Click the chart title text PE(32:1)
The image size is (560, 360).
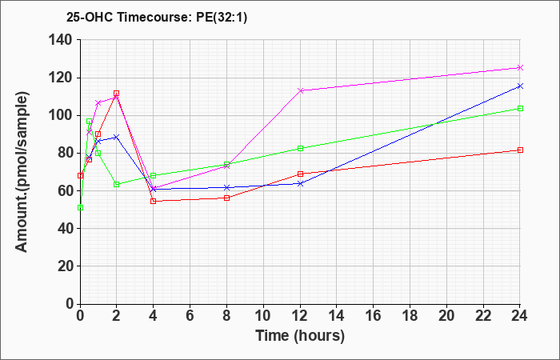click(x=222, y=17)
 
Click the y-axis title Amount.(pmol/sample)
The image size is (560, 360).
click(x=22, y=172)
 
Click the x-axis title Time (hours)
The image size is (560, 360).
click(x=300, y=336)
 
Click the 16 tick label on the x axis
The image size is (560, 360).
click(x=374, y=315)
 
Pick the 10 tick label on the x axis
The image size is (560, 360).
click(x=263, y=315)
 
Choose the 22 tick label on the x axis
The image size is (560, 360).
click(x=483, y=315)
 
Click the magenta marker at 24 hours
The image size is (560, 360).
click(x=520, y=67)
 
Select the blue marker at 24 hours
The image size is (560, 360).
click(x=520, y=86)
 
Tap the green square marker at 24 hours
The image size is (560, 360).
click(x=520, y=108)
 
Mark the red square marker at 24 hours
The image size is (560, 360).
click(x=520, y=150)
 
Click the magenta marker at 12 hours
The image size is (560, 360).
click(x=300, y=90)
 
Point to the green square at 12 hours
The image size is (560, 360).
click(x=300, y=148)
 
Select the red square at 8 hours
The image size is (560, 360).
click(x=226, y=198)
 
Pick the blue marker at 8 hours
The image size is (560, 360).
click(x=226, y=187)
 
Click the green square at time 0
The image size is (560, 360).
click(x=80, y=207)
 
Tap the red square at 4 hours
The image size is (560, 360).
click(x=154, y=201)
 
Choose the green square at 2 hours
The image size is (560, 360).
click(x=117, y=184)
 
